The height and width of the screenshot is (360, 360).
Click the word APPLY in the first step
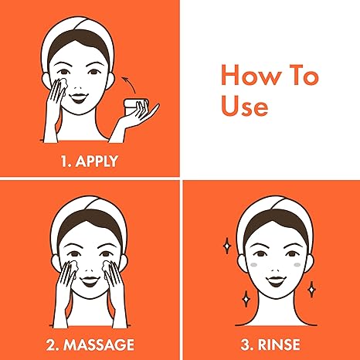click(98, 161)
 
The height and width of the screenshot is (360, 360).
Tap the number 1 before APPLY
click(63, 161)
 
